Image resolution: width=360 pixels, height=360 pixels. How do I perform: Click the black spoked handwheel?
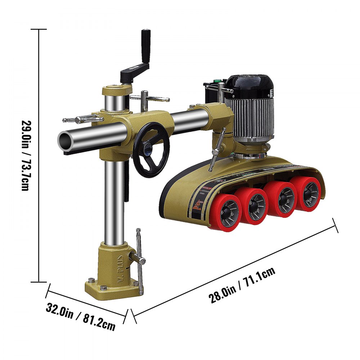point(151,150)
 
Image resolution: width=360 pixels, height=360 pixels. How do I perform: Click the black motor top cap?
point(251,86)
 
